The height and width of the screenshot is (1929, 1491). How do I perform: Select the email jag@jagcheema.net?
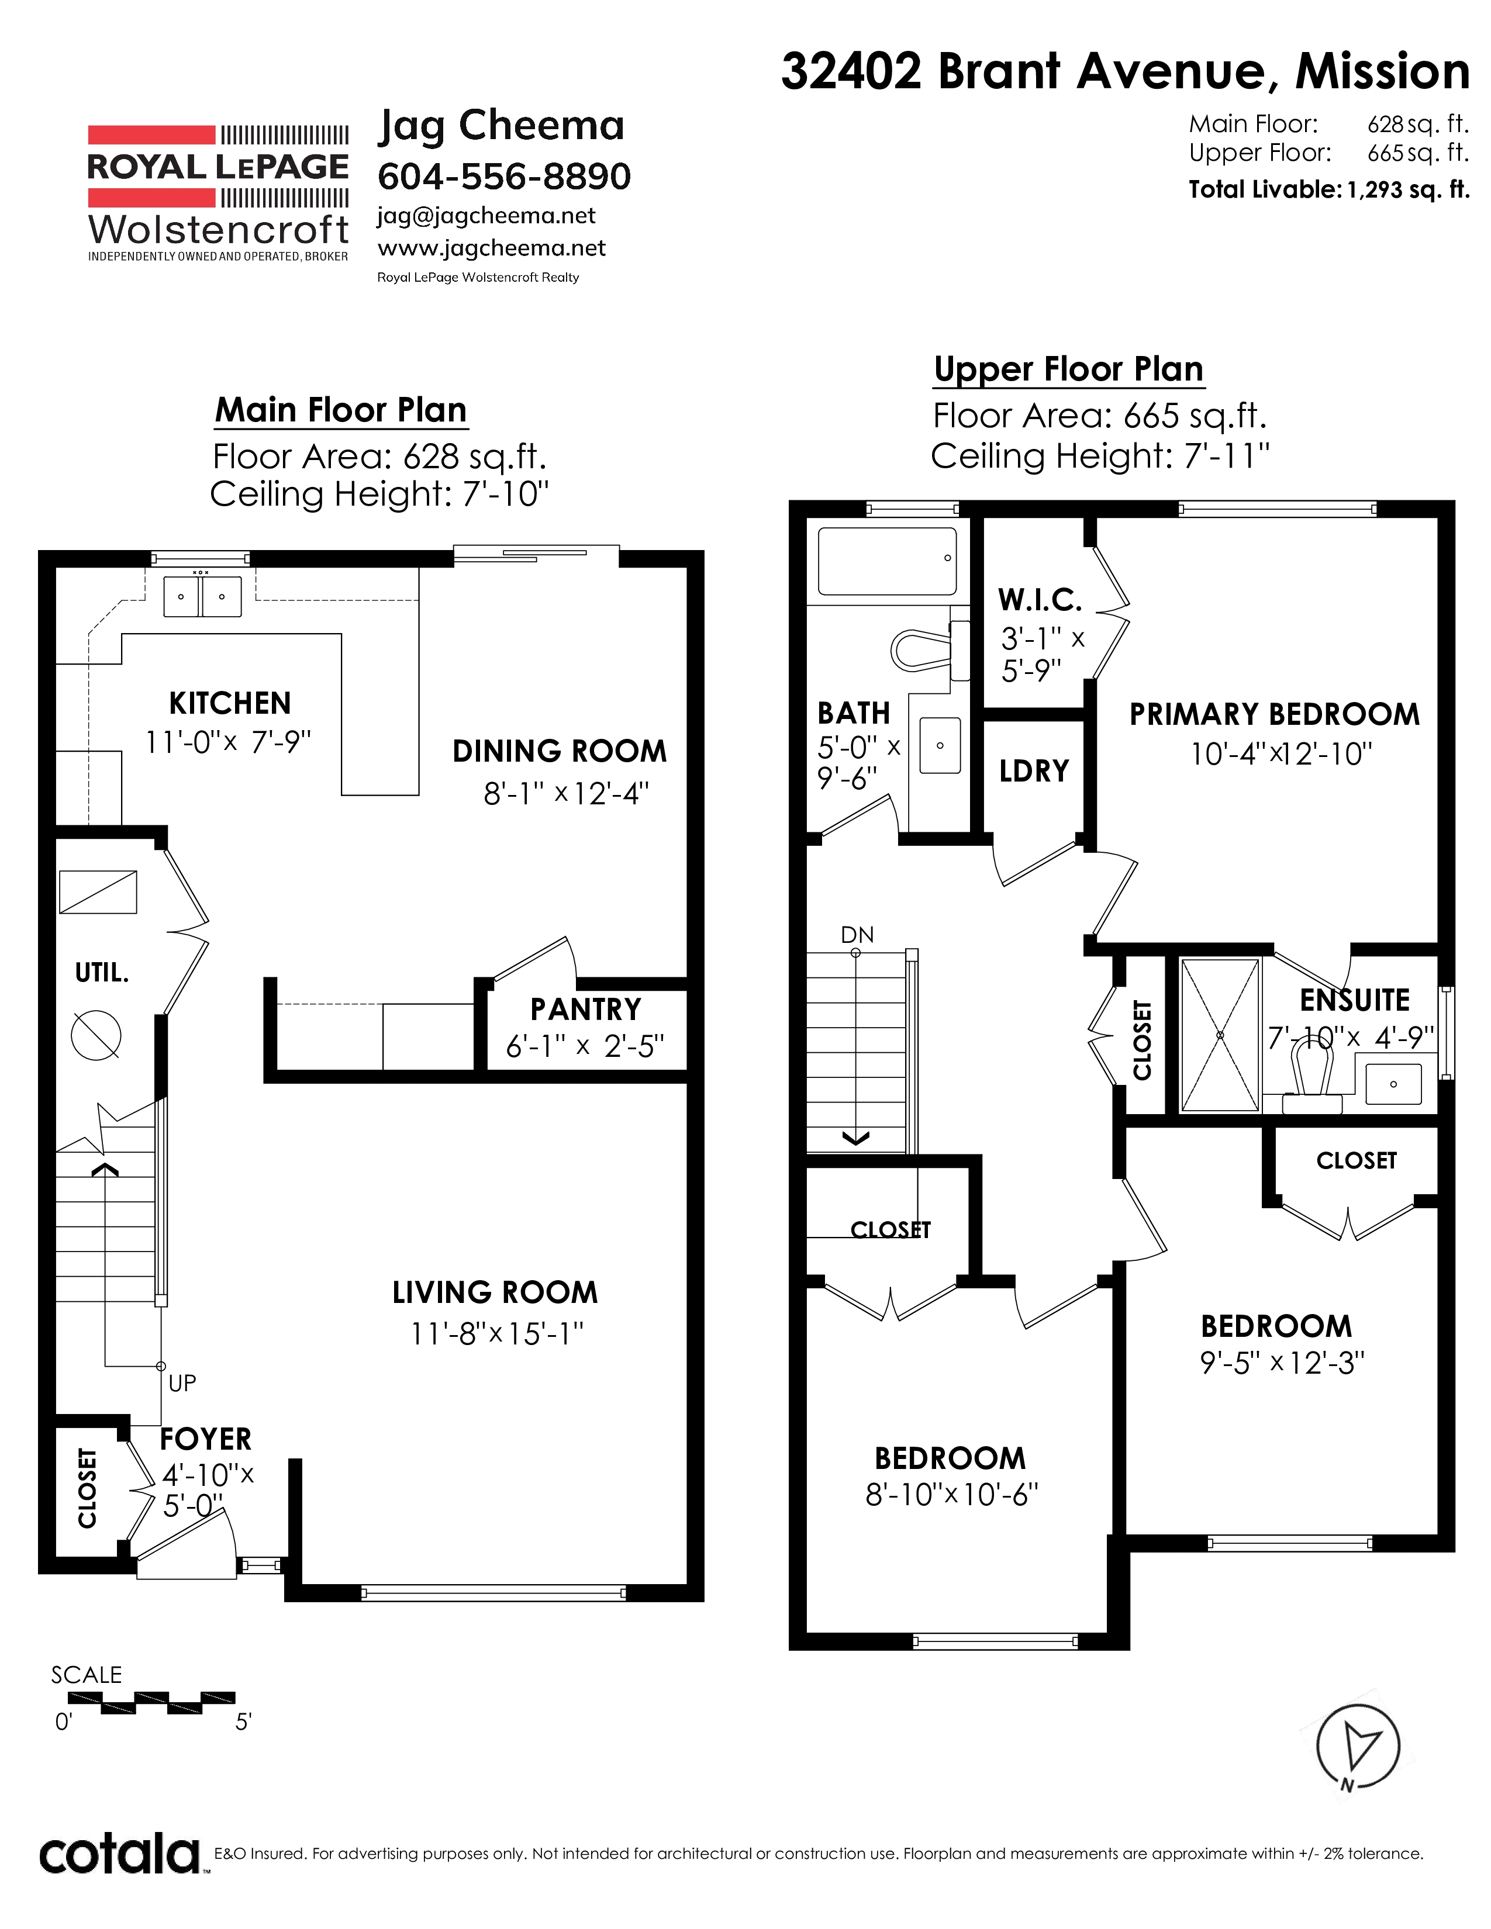click(x=486, y=216)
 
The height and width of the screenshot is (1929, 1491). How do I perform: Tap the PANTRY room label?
click(x=586, y=1009)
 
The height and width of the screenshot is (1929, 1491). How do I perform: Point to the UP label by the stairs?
click(x=182, y=1383)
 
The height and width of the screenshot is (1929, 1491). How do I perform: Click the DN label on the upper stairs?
click(x=857, y=935)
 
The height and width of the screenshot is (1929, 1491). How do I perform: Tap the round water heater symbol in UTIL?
click(x=95, y=1035)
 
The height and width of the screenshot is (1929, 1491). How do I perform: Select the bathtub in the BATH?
click(x=887, y=561)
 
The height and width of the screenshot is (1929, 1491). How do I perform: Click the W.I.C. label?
click(x=1040, y=600)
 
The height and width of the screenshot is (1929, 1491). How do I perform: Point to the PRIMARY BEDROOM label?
click(x=1275, y=714)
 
